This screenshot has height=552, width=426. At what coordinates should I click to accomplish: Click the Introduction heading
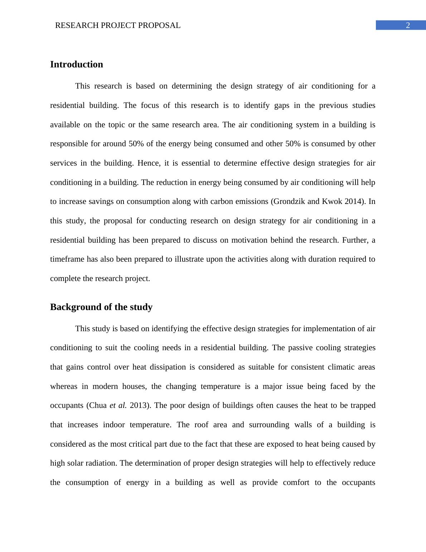pyautogui.click(x=76, y=65)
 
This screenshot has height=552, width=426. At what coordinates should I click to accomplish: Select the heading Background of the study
pyautogui.click(x=101, y=307)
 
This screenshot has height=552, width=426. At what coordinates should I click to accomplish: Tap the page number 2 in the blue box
pyautogui.click(x=407, y=25)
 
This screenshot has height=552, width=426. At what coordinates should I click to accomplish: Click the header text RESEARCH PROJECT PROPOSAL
pyautogui.click(x=118, y=25)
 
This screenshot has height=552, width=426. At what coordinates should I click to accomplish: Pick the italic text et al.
pyautogui.click(x=118, y=405)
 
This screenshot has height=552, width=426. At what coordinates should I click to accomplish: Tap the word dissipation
pyautogui.click(x=168, y=367)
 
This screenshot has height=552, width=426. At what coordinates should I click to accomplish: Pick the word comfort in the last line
pyautogui.click(x=296, y=482)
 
